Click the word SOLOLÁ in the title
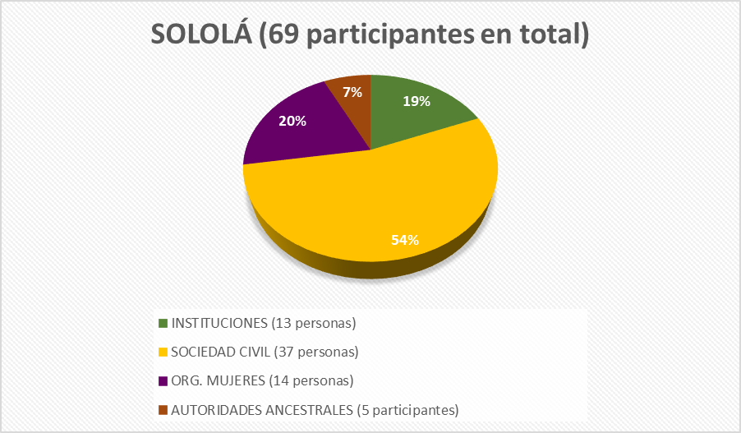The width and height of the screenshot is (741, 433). pyautogui.click(x=200, y=35)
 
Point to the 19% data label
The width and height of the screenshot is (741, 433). pyautogui.click(x=416, y=102)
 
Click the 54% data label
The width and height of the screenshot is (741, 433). pyautogui.click(x=405, y=240)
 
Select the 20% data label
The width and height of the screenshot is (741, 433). pyautogui.click(x=292, y=121)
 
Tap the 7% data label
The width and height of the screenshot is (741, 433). pyautogui.click(x=352, y=92)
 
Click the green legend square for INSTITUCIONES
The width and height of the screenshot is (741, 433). pyautogui.click(x=163, y=322)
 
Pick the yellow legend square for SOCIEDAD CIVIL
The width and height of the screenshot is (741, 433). pyautogui.click(x=163, y=352)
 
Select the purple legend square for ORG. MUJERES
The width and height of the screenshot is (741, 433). pyautogui.click(x=163, y=380)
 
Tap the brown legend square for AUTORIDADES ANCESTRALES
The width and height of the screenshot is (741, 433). pyautogui.click(x=163, y=409)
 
